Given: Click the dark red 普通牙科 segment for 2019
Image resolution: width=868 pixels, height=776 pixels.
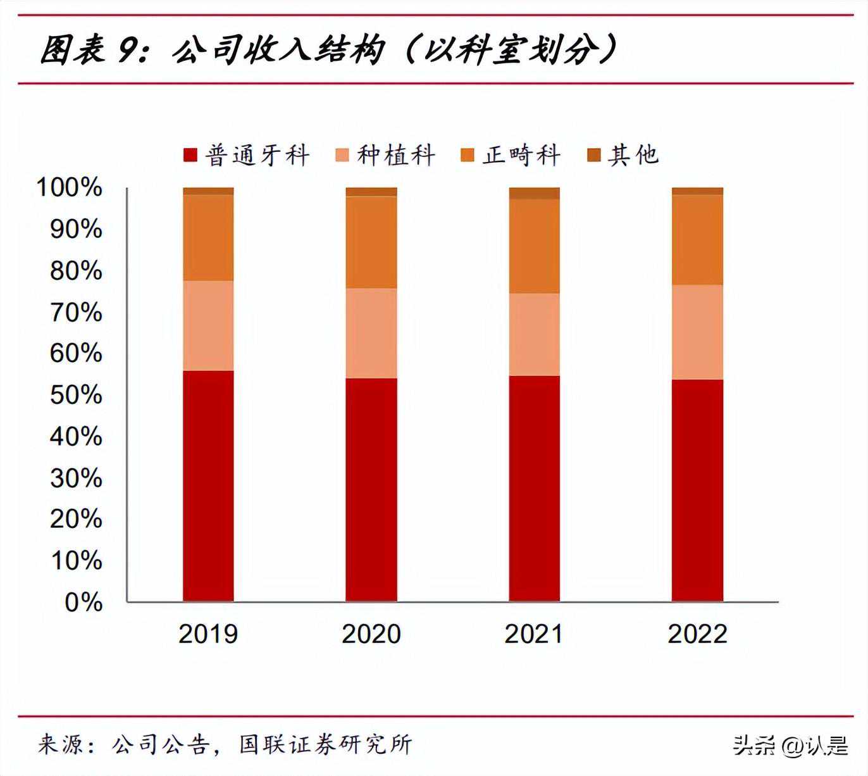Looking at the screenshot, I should (208, 485).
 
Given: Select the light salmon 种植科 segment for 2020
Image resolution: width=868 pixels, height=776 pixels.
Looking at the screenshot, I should (371, 333).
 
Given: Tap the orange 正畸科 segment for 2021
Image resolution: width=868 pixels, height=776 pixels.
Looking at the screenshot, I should (535, 246).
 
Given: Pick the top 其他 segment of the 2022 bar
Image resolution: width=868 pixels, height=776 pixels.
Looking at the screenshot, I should (697, 191).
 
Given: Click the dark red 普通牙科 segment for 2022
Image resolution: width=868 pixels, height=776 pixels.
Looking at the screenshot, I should (697, 490).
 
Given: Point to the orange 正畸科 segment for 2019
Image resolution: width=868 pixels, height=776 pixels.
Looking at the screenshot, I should (208, 237).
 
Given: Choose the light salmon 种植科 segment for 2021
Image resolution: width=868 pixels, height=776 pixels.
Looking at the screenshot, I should (535, 334).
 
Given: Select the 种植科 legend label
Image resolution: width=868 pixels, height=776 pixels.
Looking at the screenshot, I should (396, 155).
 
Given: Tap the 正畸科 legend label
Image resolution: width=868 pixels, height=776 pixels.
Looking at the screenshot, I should (521, 155).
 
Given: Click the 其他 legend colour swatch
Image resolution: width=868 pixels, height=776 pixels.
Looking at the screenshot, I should (593, 155).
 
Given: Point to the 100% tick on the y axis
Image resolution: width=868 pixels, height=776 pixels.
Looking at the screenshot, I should (69, 187).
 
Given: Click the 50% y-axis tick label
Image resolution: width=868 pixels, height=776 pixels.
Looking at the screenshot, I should (76, 394).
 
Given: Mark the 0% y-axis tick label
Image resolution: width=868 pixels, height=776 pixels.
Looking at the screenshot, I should (83, 602).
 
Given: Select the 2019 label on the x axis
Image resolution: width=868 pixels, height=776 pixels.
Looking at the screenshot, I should (208, 634).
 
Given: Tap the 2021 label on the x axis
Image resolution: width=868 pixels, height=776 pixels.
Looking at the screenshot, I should (534, 634).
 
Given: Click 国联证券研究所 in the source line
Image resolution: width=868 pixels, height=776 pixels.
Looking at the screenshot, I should (326, 744).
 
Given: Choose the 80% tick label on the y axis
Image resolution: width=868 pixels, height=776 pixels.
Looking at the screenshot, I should (76, 270).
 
